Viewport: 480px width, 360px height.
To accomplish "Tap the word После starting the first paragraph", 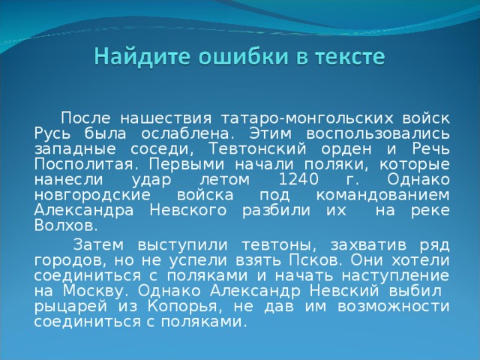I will [86, 118].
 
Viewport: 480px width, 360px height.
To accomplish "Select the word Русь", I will [51, 133].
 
